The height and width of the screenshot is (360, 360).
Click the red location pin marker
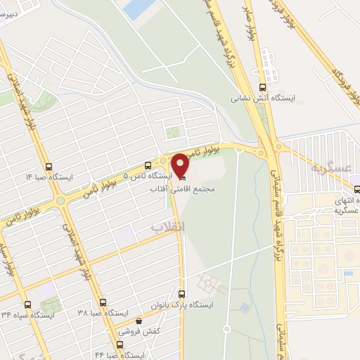click(x=181, y=165)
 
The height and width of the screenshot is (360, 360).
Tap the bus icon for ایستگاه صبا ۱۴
click(x=48, y=167)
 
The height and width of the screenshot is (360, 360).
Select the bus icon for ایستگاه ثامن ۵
click(x=147, y=166)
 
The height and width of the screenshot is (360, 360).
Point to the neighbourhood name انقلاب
click(x=167, y=226)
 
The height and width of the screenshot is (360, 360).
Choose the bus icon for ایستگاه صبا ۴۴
click(x=119, y=345)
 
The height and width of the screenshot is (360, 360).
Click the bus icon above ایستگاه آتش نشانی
click(x=262, y=87)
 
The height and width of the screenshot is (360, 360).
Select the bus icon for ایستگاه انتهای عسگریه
click(x=356, y=188)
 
